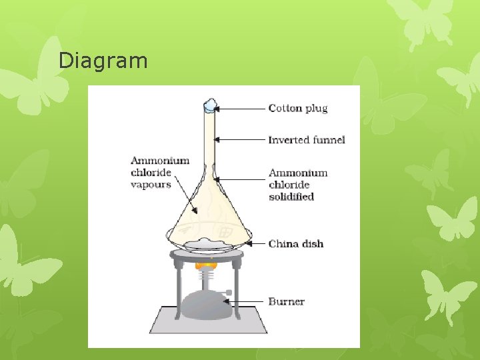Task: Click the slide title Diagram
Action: pos(103,61)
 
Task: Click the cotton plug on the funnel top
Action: pos(211,105)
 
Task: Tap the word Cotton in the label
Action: pos(285,108)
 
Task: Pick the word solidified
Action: pos(291,197)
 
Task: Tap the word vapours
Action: pos(151,185)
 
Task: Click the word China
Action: pos(284,244)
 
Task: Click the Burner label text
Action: pos(287,301)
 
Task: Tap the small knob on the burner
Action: pos(230,292)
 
